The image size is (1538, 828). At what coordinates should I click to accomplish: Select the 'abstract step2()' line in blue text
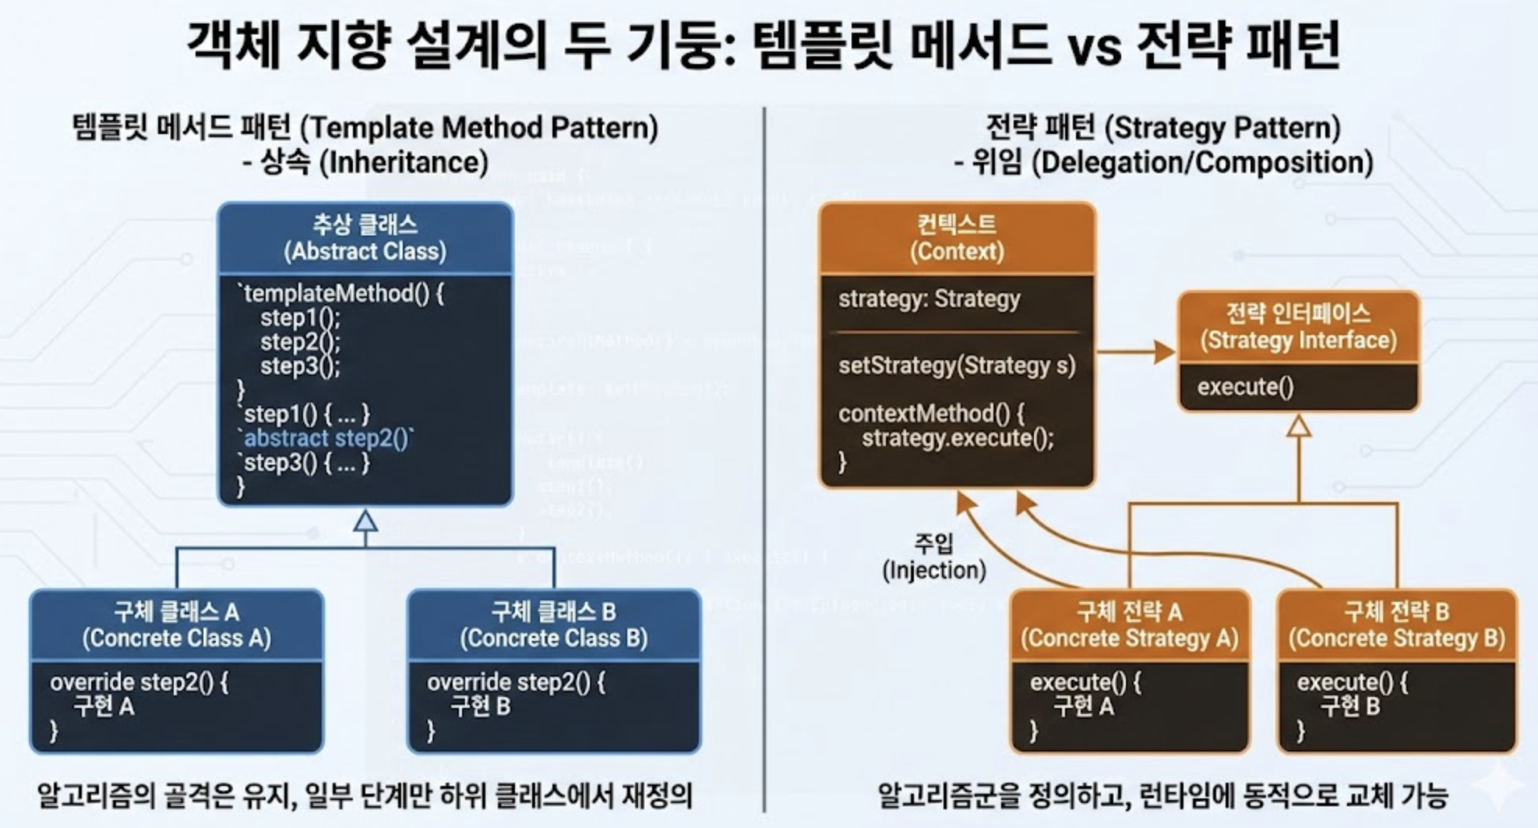click(327, 438)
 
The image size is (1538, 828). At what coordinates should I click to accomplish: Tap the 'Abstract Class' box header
click(365, 239)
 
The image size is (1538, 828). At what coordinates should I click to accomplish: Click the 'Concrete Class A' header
click(177, 625)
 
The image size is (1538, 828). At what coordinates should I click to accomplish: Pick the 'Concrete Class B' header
click(554, 625)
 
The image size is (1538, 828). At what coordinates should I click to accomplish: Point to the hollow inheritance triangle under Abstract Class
click(365, 521)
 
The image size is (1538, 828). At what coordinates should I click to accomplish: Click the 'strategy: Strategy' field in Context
click(929, 299)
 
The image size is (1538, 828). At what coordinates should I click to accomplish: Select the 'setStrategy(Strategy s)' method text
click(957, 366)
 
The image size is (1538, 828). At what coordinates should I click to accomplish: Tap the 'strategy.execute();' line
click(958, 438)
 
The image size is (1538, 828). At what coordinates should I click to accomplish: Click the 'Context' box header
click(957, 239)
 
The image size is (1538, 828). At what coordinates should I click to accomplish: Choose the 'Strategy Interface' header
click(1298, 327)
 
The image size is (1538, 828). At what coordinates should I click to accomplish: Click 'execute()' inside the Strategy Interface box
click(1245, 387)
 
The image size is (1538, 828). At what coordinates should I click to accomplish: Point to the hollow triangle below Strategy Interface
click(1298, 426)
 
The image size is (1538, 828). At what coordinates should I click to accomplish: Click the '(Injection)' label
click(934, 571)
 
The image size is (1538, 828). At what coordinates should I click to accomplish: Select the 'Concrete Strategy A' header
click(1130, 625)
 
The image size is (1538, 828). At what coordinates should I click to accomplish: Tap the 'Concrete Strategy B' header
click(1397, 625)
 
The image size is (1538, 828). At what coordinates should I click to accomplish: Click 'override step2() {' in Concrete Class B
click(516, 683)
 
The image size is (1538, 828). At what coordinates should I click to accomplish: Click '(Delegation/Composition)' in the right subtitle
click(1206, 163)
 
